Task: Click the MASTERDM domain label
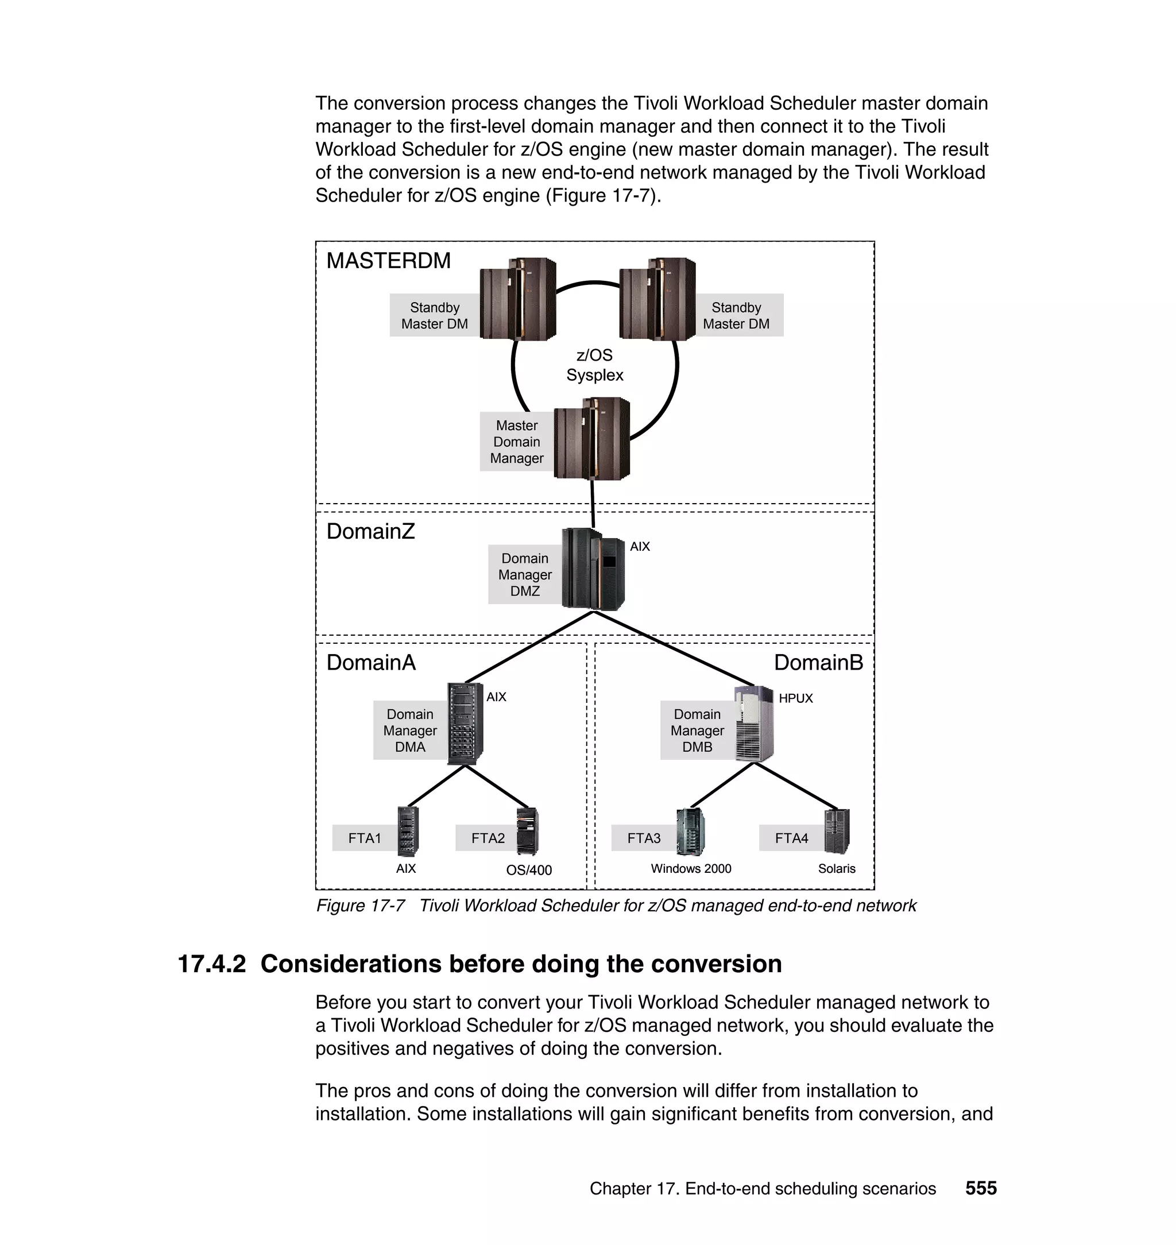click(388, 261)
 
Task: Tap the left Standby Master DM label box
click(435, 315)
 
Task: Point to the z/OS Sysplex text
click(594, 365)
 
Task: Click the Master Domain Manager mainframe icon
click(593, 439)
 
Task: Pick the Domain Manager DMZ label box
click(525, 575)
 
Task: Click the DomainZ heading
click(370, 532)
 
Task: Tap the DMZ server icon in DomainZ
click(593, 569)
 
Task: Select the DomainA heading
click(370, 663)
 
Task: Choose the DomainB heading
click(818, 663)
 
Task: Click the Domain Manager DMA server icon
click(465, 724)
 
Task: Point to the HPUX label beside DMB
click(795, 698)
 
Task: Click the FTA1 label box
click(365, 838)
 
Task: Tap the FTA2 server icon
click(527, 832)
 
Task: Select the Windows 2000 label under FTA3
click(691, 869)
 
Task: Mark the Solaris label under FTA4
click(836, 869)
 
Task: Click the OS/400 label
click(529, 870)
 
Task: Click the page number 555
click(980, 1189)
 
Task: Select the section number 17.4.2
click(212, 964)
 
